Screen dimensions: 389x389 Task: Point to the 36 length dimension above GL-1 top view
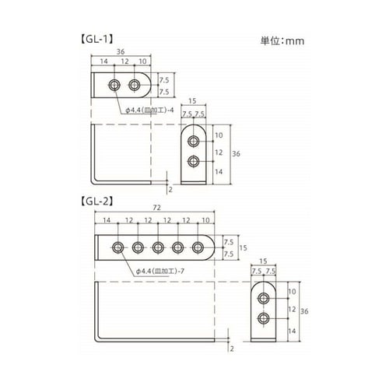point(121,51)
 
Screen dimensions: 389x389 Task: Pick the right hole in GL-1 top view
point(135,84)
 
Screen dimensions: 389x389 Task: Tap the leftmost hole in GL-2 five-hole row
point(117,247)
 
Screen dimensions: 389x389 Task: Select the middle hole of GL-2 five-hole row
point(158,247)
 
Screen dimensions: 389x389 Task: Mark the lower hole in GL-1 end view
point(193,162)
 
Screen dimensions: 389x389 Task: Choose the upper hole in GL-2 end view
point(265,299)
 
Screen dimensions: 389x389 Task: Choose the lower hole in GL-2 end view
point(265,319)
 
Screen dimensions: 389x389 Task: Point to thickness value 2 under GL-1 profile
point(170,188)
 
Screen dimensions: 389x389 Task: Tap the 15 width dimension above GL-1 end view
point(192,102)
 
